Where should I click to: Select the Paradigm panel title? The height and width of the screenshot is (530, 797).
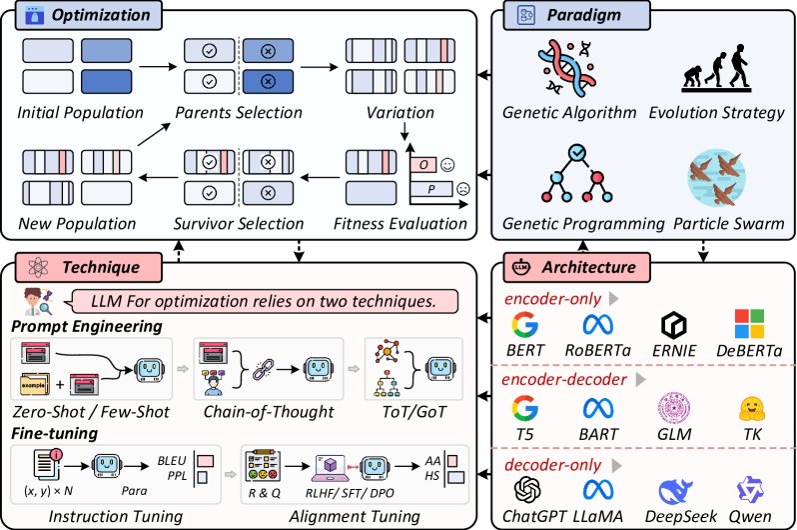pyautogui.click(x=583, y=16)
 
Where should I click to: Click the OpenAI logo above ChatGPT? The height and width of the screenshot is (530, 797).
pyautogui.click(x=525, y=490)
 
